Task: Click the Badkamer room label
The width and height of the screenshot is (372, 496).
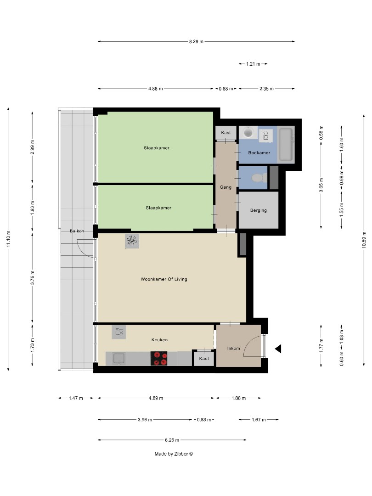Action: (259, 152)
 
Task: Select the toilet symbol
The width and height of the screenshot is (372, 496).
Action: (258, 178)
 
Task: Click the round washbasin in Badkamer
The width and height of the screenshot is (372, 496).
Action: (249, 133)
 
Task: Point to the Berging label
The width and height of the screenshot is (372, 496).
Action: (258, 210)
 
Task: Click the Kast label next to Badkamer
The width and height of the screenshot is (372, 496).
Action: (225, 133)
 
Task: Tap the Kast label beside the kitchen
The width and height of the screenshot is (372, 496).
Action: (204, 358)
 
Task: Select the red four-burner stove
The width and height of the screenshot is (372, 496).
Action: (160, 358)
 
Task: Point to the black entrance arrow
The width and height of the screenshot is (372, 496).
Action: (277, 349)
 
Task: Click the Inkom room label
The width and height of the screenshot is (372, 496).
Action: (233, 348)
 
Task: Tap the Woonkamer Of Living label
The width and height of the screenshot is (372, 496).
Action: (164, 279)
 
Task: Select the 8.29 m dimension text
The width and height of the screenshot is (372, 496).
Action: (196, 41)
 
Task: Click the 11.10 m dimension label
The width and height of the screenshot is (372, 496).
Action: (8, 239)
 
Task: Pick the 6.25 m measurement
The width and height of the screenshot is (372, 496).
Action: (171, 440)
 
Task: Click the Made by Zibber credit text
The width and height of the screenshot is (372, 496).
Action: (174, 454)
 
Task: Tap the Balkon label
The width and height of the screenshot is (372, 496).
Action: (77, 231)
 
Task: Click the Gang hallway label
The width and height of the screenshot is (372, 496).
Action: (225, 187)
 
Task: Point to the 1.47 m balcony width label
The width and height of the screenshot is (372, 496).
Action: (76, 398)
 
